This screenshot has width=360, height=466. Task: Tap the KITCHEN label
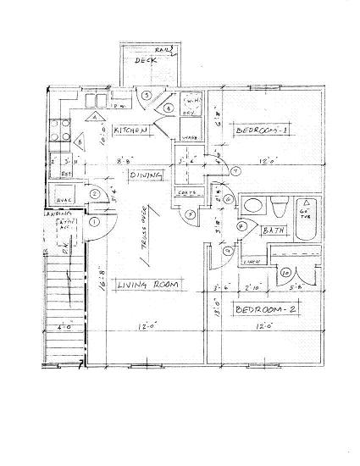[133, 131]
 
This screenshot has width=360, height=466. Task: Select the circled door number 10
[285, 273]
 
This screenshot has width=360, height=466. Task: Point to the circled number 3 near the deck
[147, 95]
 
